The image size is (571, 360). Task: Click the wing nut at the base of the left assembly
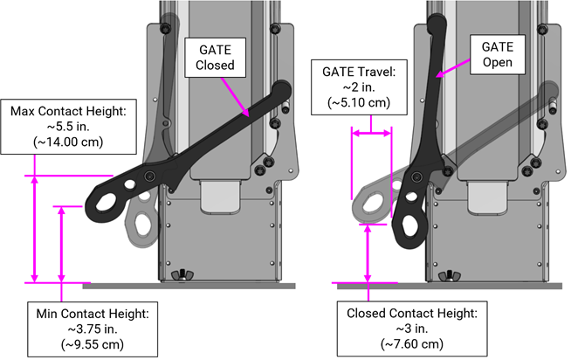tap(183, 276)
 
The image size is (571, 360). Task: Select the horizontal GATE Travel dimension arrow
tap(370, 133)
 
